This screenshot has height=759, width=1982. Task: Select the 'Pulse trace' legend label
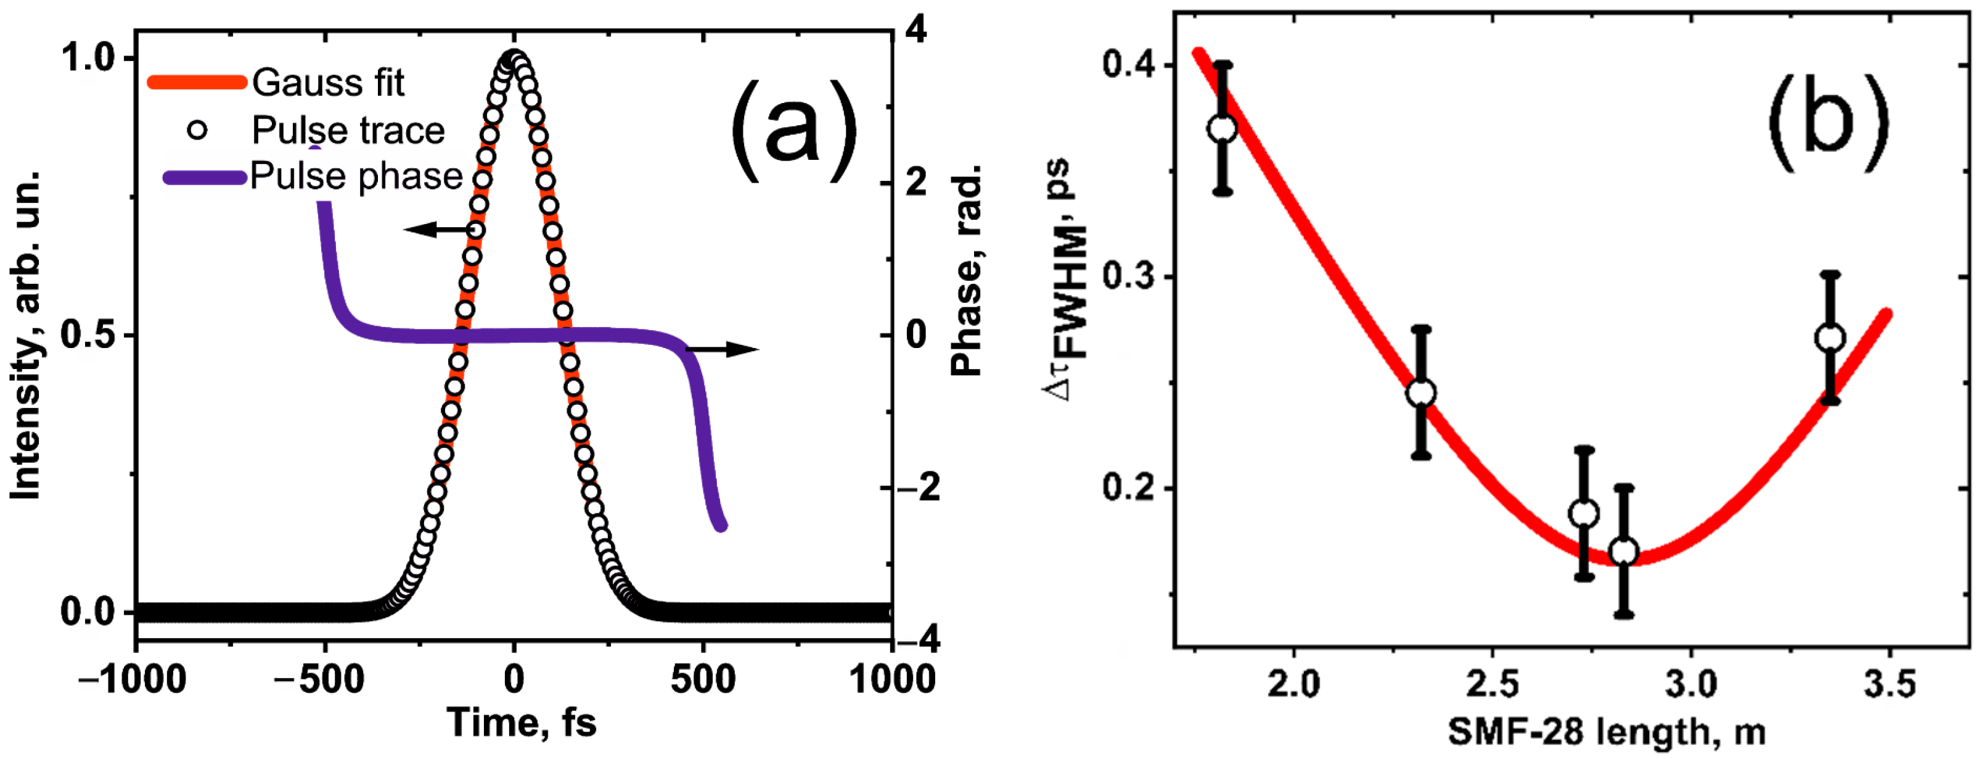click(x=348, y=131)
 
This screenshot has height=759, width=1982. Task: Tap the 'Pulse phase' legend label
click(x=356, y=176)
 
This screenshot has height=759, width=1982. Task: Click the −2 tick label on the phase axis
click(x=918, y=487)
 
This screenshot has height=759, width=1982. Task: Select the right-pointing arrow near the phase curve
click(x=723, y=349)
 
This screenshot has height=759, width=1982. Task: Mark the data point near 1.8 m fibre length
click(x=1222, y=128)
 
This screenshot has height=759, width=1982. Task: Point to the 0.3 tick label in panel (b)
click(x=1128, y=276)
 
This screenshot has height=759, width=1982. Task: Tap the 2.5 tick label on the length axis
click(x=1492, y=684)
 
